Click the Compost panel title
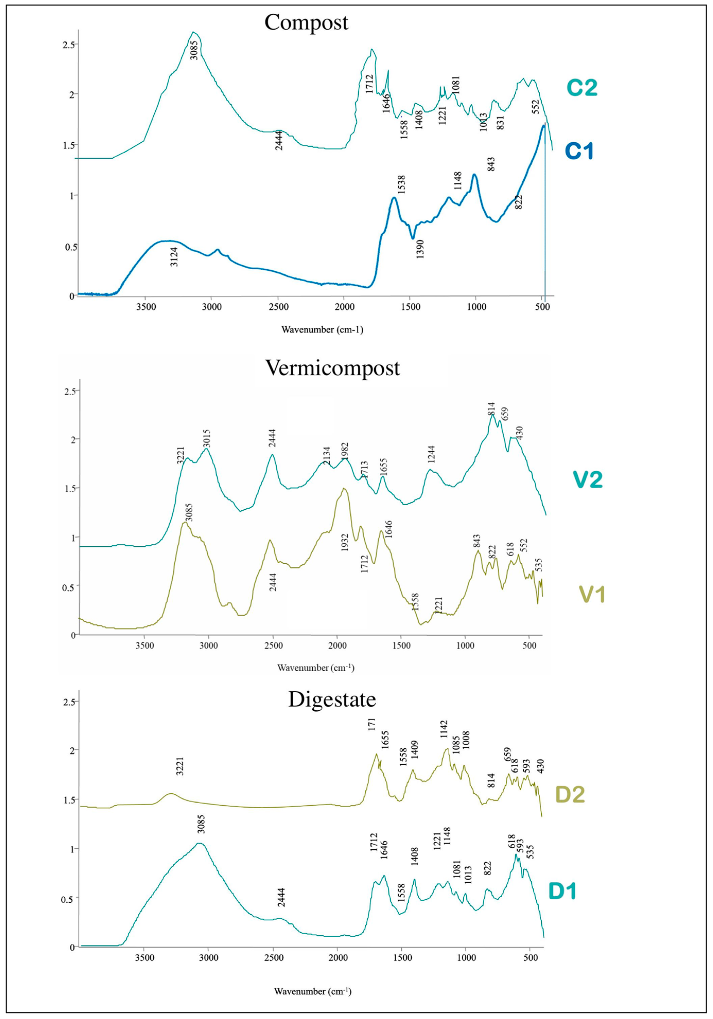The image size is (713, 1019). [x=306, y=22]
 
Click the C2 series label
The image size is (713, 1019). [x=582, y=88]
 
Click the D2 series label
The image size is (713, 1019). [x=570, y=795]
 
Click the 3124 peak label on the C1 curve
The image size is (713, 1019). [x=175, y=256]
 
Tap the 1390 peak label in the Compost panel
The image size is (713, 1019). [x=420, y=249]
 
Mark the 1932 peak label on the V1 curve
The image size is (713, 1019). [x=345, y=541]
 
